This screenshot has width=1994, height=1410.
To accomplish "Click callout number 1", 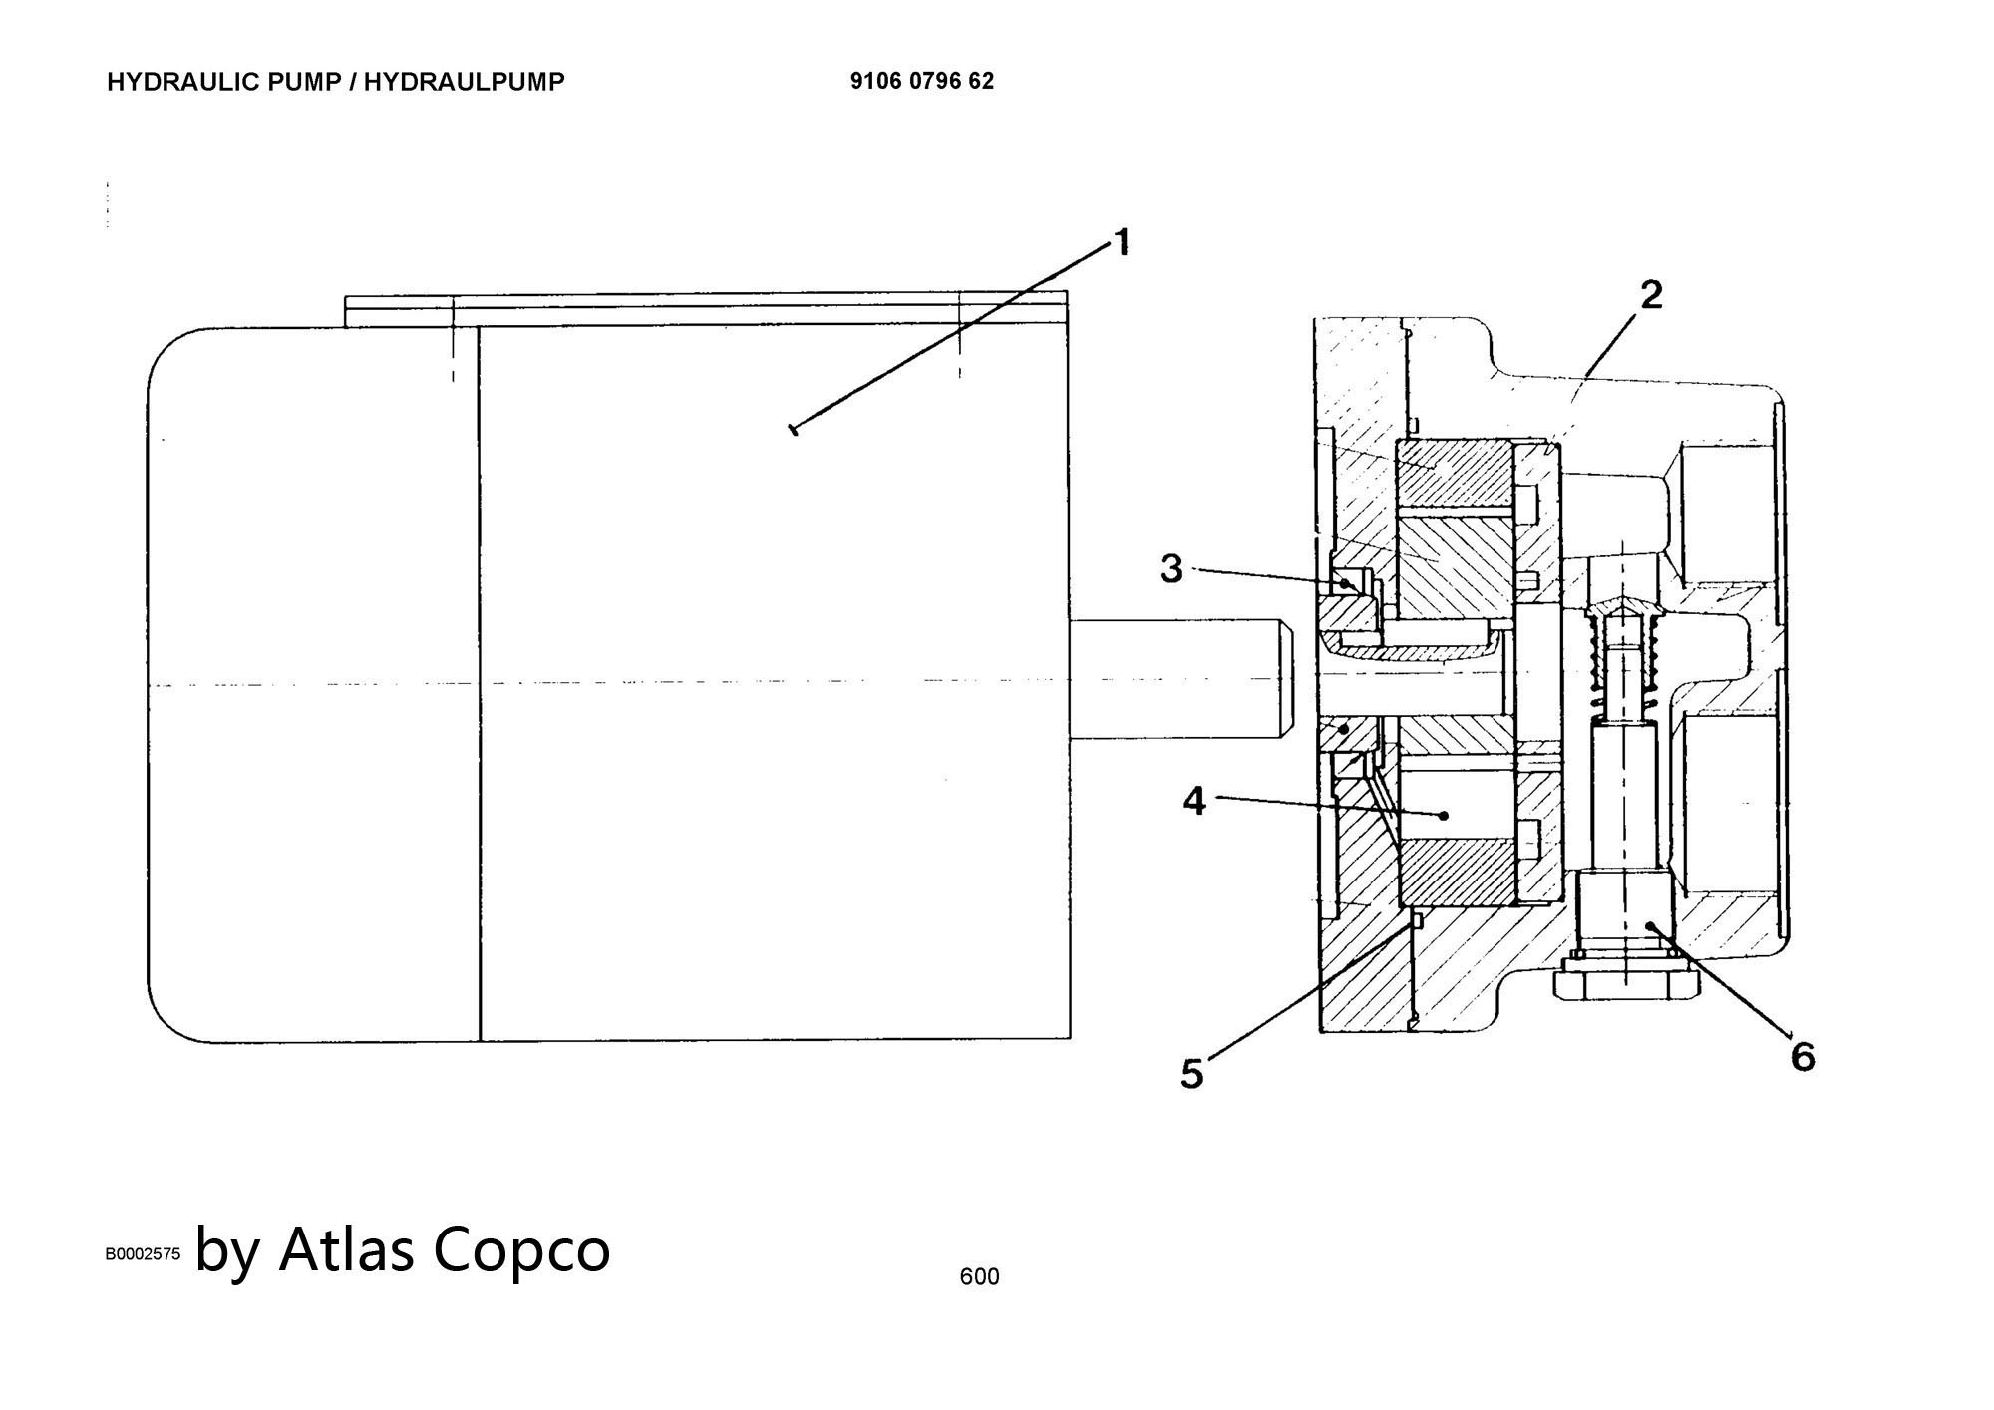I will pos(1122,242).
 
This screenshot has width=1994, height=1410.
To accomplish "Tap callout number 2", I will pos(1651,295).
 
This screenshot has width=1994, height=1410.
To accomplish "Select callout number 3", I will pos(1170,569).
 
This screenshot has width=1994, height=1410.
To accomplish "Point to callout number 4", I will pos(1194,800).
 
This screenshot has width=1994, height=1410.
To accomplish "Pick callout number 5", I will pos(1192,1074).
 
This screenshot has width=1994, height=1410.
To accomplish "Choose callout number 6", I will pos(1803,1056).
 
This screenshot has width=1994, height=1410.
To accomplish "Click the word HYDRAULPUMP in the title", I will pos(464,82).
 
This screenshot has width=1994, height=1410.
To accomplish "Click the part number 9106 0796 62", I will pos(922,81).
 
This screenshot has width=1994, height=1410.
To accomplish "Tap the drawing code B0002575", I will pos(144,1254).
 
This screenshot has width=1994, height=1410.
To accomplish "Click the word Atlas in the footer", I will pos(347,1248).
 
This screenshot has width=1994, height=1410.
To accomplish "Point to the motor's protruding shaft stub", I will pos(1181,680).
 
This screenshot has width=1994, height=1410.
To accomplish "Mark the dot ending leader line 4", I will pos(1444,816).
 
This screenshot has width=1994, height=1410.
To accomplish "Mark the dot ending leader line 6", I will pos(1651,926).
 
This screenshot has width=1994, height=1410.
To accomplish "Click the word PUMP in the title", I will pos(305,82).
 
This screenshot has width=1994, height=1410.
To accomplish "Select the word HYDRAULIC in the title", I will pos(185,82).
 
